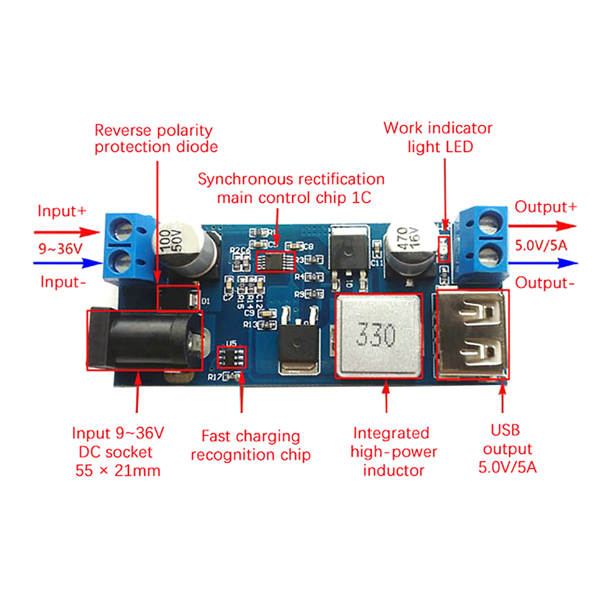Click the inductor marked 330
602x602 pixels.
[x=378, y=336]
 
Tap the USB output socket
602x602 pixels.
[x=473, y=334]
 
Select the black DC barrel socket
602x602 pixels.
[x=145, y=340]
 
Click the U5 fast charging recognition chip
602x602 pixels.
[x=231, y=357]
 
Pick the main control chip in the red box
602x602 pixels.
[x=276, y=261]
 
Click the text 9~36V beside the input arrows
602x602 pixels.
[x=60, y=248]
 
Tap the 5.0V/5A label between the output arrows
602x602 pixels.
[x=541, y=245]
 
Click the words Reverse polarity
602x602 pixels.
[x=154, y=130]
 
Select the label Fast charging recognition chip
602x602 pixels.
[x=251, y=445]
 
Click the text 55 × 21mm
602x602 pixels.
[x=118, y=471]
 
